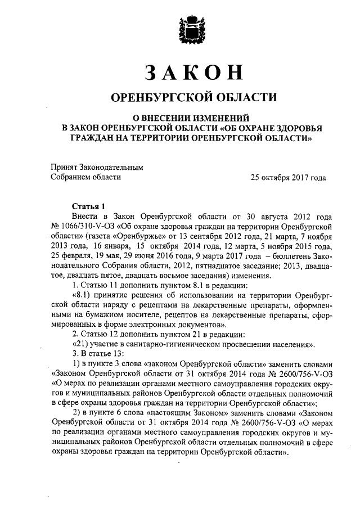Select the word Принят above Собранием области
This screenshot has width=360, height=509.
[x=65, y=167]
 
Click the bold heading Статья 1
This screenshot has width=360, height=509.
[x=88, y=205]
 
